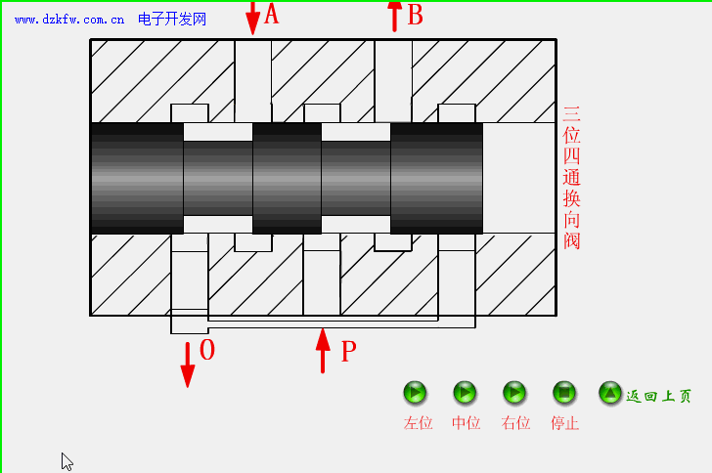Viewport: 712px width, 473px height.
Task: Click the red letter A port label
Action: tap(271, 14)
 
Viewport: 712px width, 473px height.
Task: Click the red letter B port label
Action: tap(415, 15)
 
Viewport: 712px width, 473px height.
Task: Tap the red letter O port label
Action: tap(207, 350)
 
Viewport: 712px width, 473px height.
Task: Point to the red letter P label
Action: tap(349, 352)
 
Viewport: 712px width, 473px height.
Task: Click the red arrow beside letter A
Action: tap(253, 18)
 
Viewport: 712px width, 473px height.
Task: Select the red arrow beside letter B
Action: tap(394, 17)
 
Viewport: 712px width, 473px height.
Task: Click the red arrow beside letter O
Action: tap(188, 365)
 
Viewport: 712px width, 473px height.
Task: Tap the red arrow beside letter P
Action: tap(323, 351)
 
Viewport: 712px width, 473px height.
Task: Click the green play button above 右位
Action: tap(514, 393)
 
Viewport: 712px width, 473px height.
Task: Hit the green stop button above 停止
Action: tap(564, 393)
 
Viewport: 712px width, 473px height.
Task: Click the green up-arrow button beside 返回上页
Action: tap(610, 393)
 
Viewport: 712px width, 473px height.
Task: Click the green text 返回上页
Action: tap(658, 397)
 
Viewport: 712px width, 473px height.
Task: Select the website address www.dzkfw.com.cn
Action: tap(69, 20)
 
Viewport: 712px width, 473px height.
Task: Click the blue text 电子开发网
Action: tap(172, 20)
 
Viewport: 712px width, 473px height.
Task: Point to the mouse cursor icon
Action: tap(67, 461)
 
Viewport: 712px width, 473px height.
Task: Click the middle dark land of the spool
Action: tap(287, 179)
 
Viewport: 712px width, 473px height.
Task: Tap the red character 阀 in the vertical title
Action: tap(572, 240)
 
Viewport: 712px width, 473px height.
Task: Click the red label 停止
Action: tap(564, 423)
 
